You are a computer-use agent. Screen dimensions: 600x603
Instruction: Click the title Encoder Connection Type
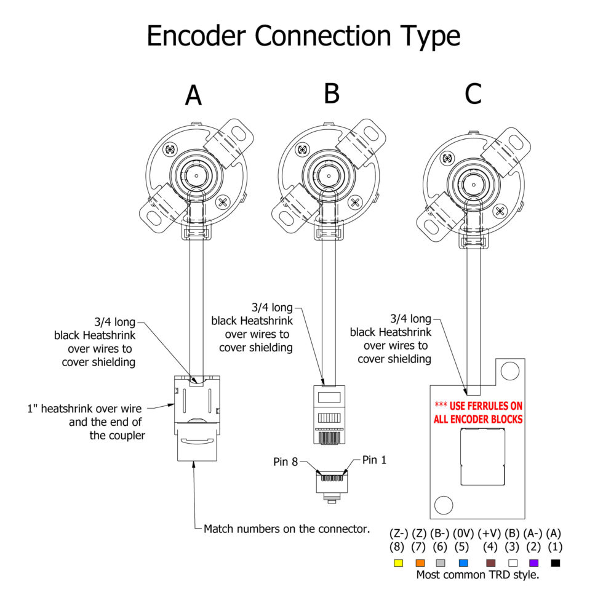303,36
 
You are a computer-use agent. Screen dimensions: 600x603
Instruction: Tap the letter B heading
332,94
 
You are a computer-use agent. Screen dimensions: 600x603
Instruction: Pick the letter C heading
473,94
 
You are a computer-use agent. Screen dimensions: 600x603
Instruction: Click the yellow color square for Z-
398,562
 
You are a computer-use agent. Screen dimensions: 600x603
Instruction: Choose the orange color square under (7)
420,562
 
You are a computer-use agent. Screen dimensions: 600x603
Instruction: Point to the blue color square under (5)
463,562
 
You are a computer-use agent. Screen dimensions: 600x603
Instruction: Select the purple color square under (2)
533,562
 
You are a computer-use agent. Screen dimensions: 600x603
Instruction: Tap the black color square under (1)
556,562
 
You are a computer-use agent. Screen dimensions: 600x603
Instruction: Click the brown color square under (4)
490,562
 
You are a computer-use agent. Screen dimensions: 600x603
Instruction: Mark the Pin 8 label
286,461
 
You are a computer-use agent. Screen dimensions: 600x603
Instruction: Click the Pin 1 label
374,460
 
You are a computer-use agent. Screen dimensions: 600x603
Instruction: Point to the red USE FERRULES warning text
478,412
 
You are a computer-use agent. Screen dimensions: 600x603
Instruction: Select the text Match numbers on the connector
287,528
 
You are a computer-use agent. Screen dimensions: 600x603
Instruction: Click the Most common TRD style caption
477,575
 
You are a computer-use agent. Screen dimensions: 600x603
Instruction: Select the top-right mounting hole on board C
509,370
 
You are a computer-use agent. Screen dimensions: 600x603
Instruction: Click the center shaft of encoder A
194,175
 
